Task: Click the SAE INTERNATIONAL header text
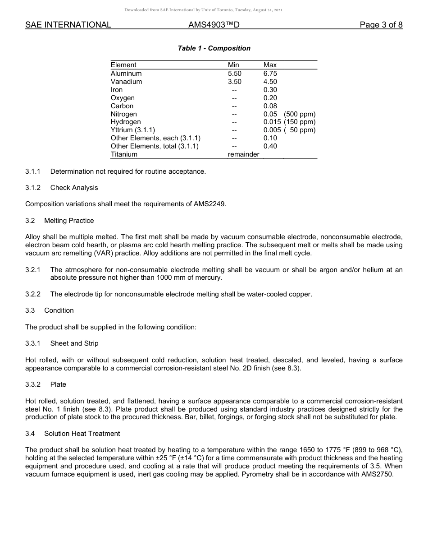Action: coord(68,25)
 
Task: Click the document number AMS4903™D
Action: coord(214,25)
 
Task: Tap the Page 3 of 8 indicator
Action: coord(381,25)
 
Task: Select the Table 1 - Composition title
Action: coord(214,48)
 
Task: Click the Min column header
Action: coord(233,65)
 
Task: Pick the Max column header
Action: coord(270,65)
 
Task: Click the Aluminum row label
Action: coord(126,74)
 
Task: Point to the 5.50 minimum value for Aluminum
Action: coord(234,74)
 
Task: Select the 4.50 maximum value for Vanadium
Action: coord(270,82)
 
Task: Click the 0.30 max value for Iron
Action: coord(270,90)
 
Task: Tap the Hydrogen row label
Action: coord(126,122)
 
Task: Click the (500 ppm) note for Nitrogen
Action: coord(300,114)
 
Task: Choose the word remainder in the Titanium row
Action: coord(243,154)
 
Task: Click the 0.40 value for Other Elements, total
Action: coord(270,146)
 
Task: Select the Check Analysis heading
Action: coord(74,188)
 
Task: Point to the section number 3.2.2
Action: coord(33,294)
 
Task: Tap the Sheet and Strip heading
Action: coord(74,343)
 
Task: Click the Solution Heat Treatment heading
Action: coord(82,434)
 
